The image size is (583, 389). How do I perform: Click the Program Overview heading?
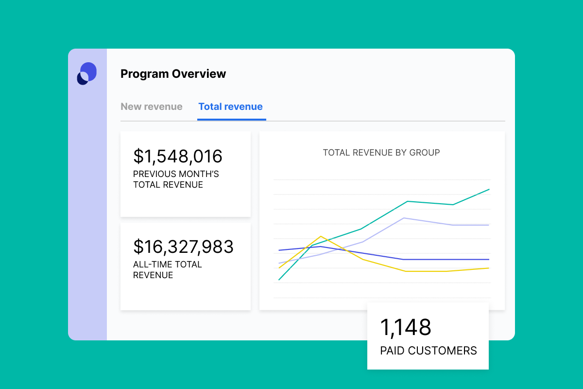[x=173, y=74]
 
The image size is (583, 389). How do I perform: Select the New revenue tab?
[x=152, y=106]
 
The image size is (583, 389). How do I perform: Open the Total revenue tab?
[x=231, y=106]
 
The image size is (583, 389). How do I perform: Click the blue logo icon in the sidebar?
[x=87, y=73]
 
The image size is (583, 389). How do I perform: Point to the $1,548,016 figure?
[x=178, y=156]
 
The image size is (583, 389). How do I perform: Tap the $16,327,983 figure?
[x=183, y=247]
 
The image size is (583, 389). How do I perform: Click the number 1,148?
[x=405, y=327]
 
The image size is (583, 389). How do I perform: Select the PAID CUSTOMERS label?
[x=429, y=351]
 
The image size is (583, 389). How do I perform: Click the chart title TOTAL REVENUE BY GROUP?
[x=381, y=153]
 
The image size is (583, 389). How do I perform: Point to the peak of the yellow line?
[x=321, y=236]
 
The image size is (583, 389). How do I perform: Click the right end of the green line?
[x=489, y=189]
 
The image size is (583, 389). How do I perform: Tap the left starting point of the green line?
[x=279, y=280]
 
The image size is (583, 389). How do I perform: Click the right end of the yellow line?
[x=489, y=268]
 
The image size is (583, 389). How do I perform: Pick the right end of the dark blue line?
[x=489, y=260]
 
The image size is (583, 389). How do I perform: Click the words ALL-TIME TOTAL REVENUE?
[x=168, y=270]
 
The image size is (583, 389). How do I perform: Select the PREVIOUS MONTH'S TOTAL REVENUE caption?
[x=176, y=179]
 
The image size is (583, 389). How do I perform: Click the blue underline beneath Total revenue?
[x=232, y=119]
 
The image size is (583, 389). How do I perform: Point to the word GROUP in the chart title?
[x=425, y=153]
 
